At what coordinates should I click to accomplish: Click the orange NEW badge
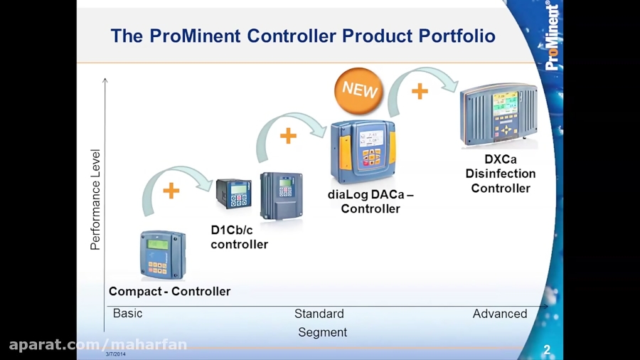coord(359,90)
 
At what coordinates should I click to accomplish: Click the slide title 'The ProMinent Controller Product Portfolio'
coord(303,36)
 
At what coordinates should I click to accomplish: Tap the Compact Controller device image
coord(163,255)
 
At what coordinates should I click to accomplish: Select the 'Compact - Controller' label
coord(169,291)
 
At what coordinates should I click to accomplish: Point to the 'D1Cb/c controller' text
coord(239,237)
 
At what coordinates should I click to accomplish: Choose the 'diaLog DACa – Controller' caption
coord(370,201)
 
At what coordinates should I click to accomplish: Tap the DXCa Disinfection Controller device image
coord(499,115)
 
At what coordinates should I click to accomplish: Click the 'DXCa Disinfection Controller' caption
coord(501,174)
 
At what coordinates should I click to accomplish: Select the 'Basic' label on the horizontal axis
coord(128,313)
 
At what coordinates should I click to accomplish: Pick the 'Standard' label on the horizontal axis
coord(319,314)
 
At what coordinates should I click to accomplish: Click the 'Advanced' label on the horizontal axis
coord(500,314)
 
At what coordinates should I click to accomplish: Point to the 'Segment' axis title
coord(322,332)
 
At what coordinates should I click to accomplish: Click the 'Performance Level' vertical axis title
coord(96,199)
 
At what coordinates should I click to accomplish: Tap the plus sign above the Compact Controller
coord(171,191)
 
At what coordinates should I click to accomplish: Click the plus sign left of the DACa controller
coord(288,136)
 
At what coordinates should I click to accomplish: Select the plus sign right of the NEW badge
coord(420,91)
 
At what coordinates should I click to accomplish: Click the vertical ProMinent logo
coord(552,36)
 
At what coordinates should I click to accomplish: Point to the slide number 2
coord(547,350)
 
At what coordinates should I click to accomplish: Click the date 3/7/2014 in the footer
coord(116,354)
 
